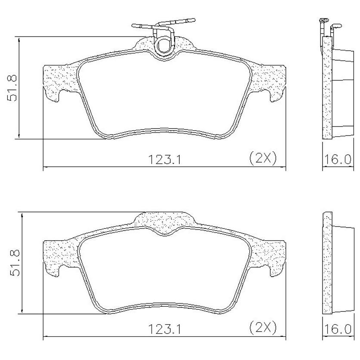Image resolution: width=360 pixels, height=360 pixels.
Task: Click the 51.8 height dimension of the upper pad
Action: [12, 88]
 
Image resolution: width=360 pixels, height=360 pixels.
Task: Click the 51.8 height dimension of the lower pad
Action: [15, 263]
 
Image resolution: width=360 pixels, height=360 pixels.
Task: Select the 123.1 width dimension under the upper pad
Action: [164, 159]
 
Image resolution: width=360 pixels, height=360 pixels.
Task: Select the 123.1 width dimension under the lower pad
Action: [164, 329]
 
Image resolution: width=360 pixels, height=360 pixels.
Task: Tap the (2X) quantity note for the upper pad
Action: [263, 158]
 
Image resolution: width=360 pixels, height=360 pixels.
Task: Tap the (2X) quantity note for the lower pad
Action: [263, 328]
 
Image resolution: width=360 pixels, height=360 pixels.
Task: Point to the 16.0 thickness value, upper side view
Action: [338, 159]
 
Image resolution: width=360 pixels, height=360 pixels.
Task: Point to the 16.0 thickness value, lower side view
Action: [338, 329]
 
